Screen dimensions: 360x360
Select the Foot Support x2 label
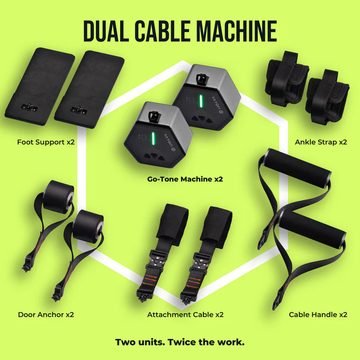pyautogui.click(x=46, y=142)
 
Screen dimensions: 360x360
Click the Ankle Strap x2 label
pyautogui.click(x=321, y=142)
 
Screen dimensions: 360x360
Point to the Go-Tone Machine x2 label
pyautogui.click(x=185, y=179)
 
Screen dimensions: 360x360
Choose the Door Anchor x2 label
pyautogui.click(x=46, y=315)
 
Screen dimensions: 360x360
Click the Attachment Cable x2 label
pyautogui.click(x=185, y=315)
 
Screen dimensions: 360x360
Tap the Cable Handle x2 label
pyautogui.click(x=318, y=315)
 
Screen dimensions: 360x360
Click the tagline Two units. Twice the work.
pyautogui.click(x=180, y=342)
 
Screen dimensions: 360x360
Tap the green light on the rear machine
pyautogui.click(x=200, y=101)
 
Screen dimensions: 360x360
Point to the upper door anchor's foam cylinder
pyautogui.click(x=59, y=197)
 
